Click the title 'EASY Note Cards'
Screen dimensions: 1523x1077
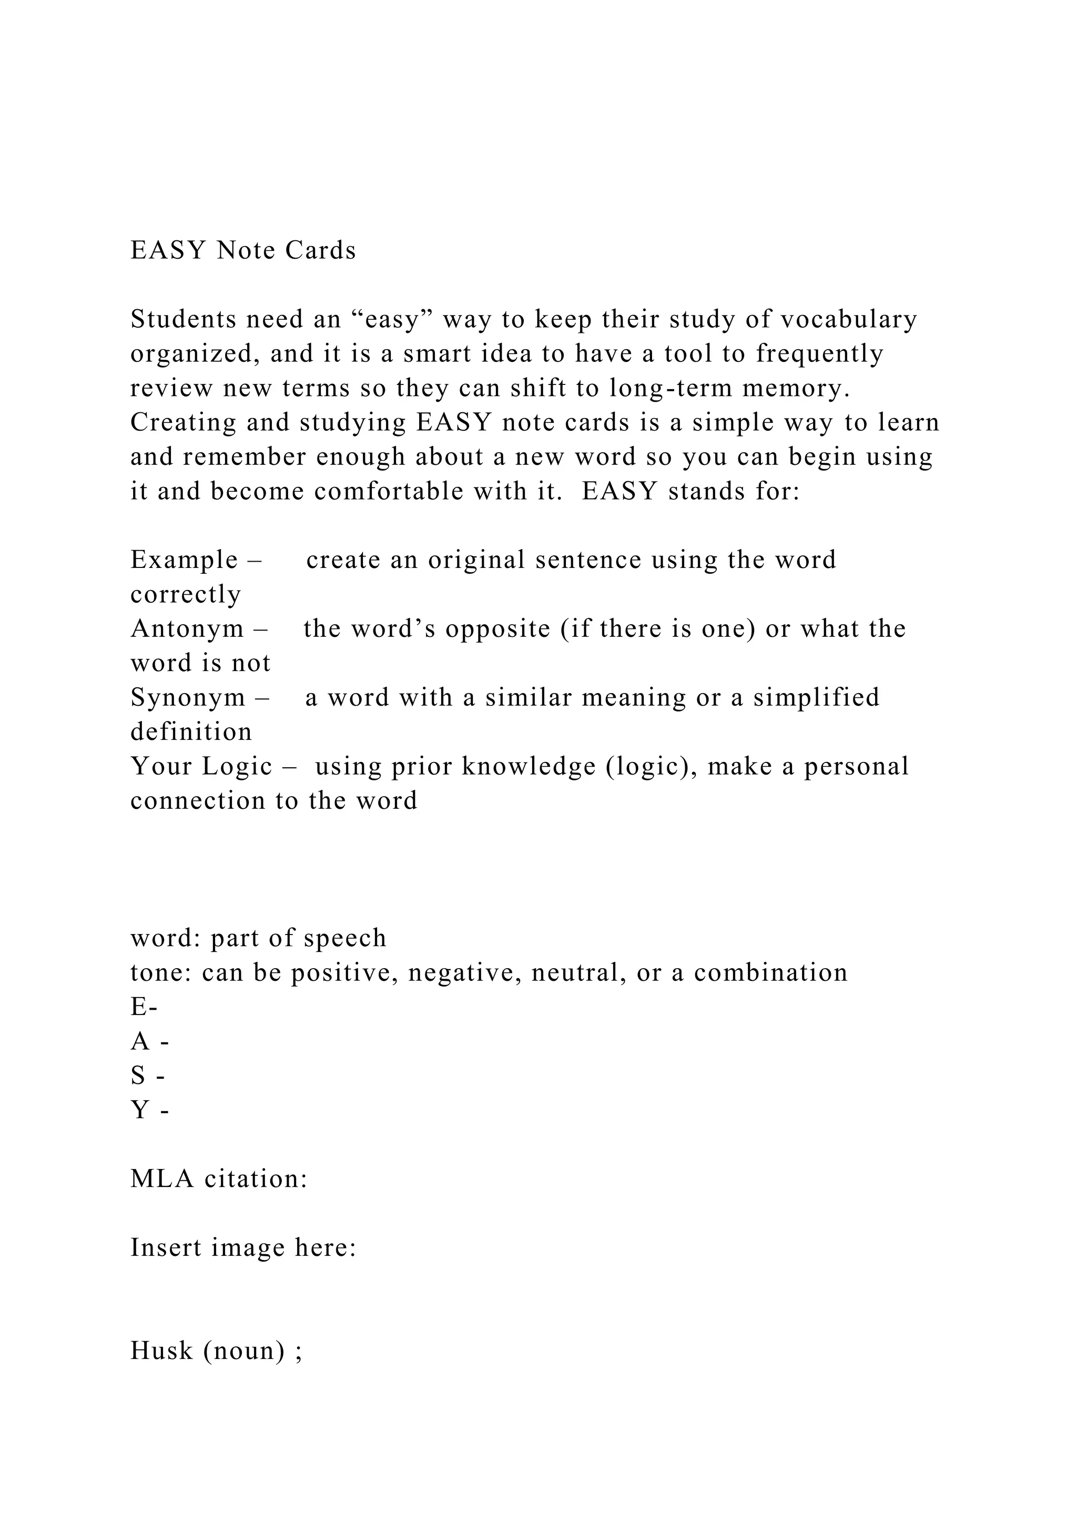click(243, 251)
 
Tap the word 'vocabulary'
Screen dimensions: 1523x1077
click(848, 320)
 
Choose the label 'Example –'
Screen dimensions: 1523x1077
click(196, 561)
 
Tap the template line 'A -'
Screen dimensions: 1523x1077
click(150, 1042)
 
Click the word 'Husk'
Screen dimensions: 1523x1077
click(161, 1351)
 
